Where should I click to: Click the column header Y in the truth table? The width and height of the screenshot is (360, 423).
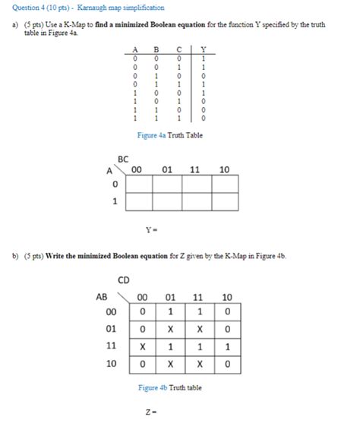pyautogui.click(x=203, y=52)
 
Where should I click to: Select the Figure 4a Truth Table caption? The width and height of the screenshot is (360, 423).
pyautogui.click(x=169, y=135)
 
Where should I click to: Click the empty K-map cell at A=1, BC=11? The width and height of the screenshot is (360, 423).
pyautogui.click(x=194, y=203)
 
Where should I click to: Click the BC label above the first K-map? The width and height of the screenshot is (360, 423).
pyautogui.click(x=124, y=159)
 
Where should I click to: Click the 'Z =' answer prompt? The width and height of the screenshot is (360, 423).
pyautogui.click(x=150, y=412)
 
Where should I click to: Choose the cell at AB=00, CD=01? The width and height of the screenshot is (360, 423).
pyautogui.click(x=170, y=311)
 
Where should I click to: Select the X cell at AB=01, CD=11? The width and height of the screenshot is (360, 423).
pyautogui.click(x=199, y=328)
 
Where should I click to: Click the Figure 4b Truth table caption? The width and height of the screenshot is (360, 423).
pyautogui.click(x=169, y=387)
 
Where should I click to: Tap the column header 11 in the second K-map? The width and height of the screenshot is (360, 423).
pyautogui.click(x=199, y=296)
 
